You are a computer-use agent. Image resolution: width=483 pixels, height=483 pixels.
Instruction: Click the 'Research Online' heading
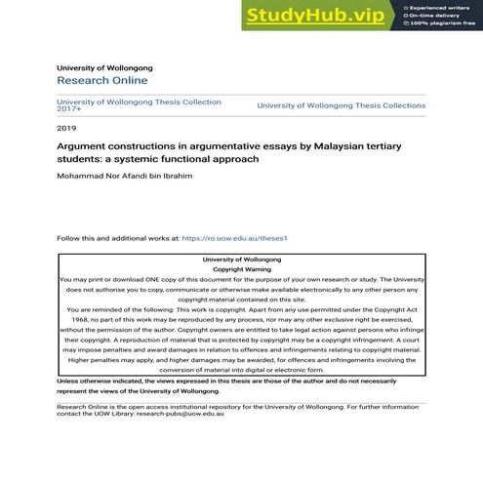pyautogui.click(x=102, y=80)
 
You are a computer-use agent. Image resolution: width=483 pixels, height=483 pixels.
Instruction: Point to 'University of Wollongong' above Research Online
pyautogui.click(x=104, y=67)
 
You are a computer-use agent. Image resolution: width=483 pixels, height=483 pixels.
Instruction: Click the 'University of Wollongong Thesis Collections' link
pyautogui.click(x=341, y=105)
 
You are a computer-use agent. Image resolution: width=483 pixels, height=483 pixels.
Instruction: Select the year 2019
pyautogui.click(x=66, y=128)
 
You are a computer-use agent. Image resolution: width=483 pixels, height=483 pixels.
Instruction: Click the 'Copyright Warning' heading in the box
pyautogui.click(x=242, y=268)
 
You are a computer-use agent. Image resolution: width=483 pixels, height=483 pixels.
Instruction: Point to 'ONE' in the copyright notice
pyautogui.click(x=154, y=279)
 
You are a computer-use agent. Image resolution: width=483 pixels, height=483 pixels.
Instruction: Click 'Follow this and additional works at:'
pyautogui.click(x=118, y=238)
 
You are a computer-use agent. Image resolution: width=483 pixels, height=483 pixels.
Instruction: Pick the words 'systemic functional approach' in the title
pyautogui.click(x=200, y=157)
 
